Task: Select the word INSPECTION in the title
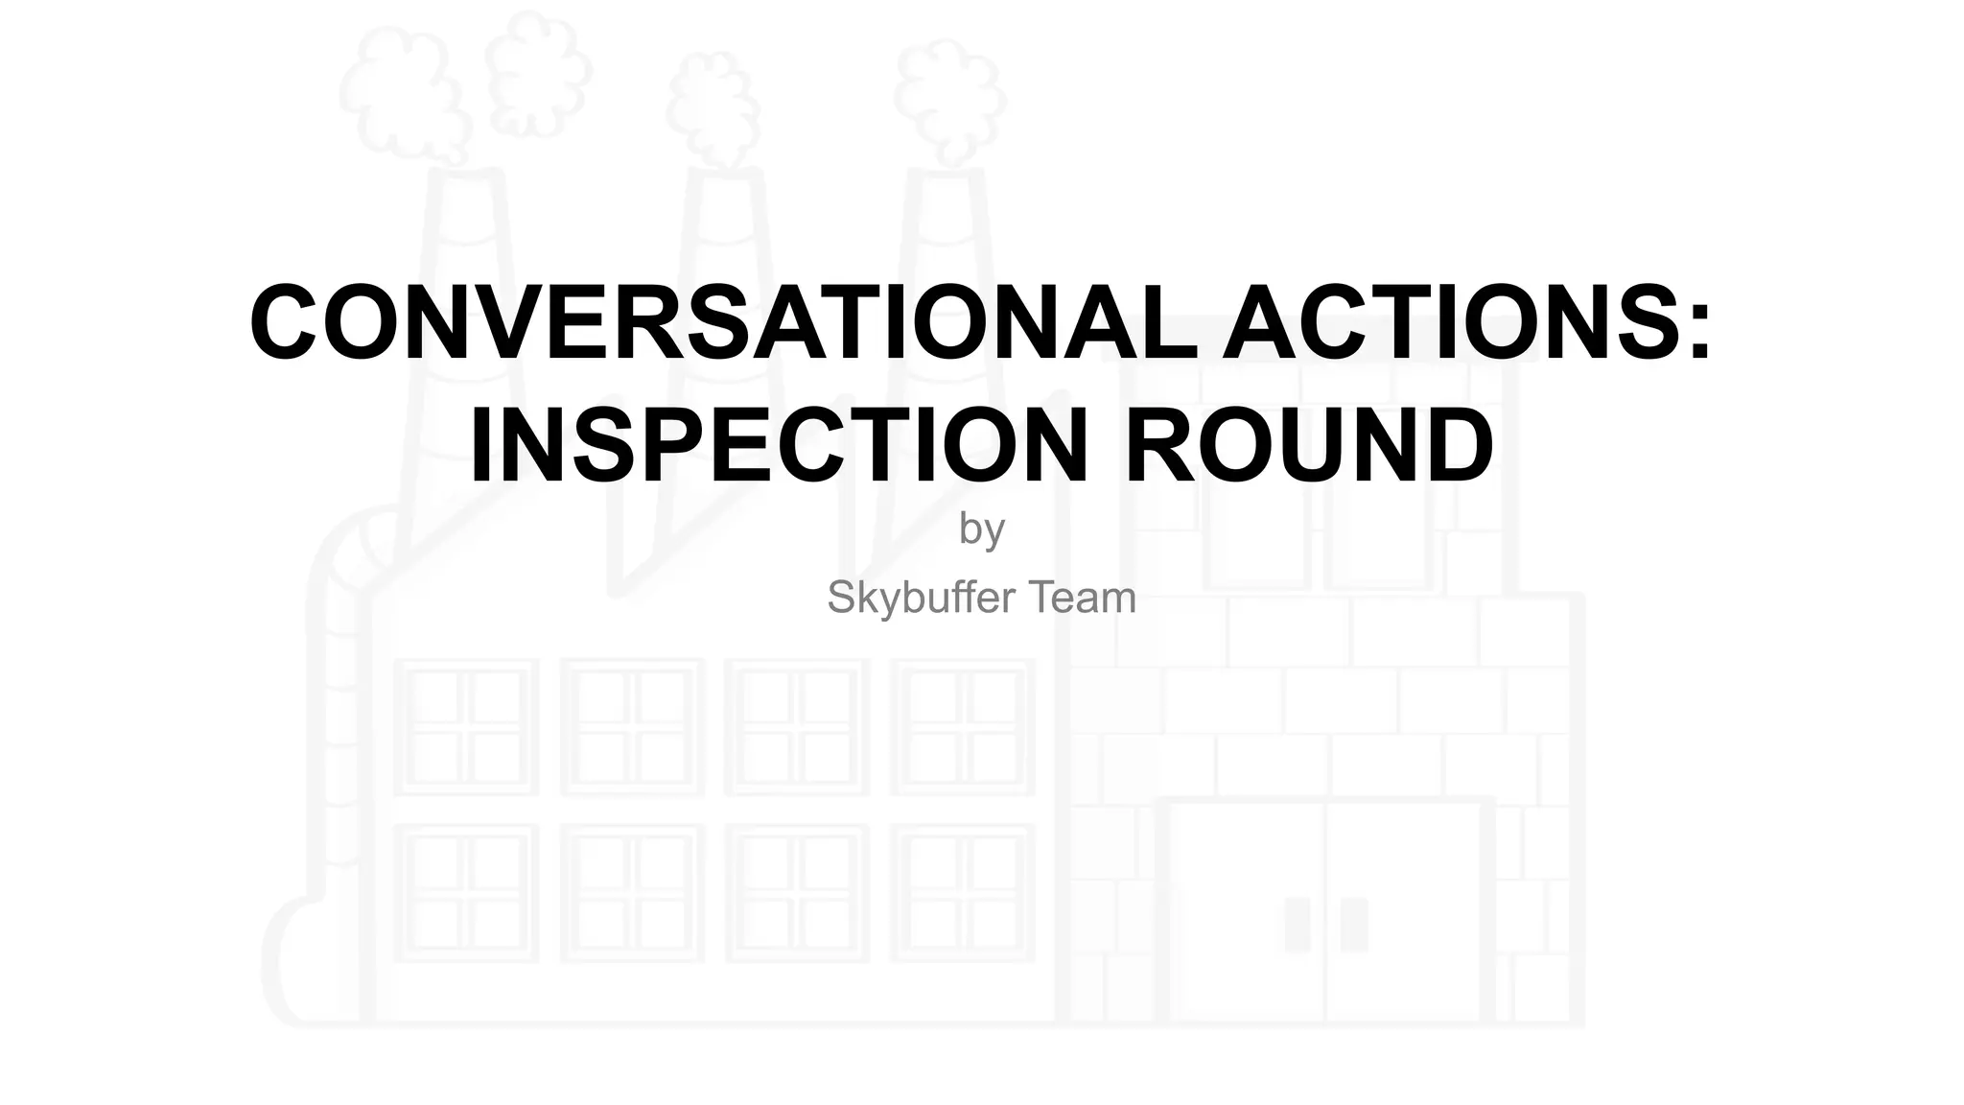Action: point(778,446)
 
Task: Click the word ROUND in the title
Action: point(1309,446)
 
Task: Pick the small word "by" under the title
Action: point(981,529)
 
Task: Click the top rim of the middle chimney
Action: point(726,174)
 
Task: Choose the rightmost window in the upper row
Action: point(962,726)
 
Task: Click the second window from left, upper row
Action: point(633,726)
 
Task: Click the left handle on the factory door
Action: point(1297,925)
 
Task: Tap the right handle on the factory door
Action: point(1354,925)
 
